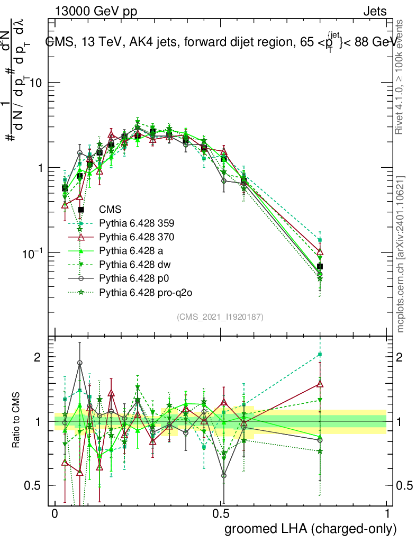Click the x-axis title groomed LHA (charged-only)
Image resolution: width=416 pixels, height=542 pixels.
coord(311,528)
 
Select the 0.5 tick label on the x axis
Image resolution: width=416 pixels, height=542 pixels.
coord(221,514)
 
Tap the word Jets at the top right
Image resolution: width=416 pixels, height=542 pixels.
coord(375,11)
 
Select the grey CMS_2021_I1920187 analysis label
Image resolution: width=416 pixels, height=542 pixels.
coord(220,317)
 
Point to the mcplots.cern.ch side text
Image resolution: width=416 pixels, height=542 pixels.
coord(401,254)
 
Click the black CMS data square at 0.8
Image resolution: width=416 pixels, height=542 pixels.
coord(320,266)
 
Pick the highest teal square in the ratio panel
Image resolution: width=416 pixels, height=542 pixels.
coord(320,354)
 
